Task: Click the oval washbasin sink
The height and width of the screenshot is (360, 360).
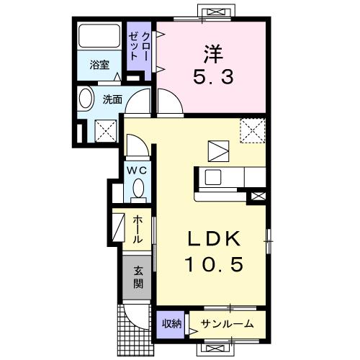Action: pos(86,100)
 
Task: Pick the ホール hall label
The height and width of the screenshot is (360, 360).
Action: pos(137,228)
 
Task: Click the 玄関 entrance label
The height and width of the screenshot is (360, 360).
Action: pos(137,278)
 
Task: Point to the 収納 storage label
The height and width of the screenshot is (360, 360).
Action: pos(171,323)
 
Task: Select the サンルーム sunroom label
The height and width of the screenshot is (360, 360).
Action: pos(227,323)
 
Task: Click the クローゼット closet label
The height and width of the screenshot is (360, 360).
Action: pos(140,48)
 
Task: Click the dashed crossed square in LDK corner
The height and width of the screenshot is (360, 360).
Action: pos(251,131)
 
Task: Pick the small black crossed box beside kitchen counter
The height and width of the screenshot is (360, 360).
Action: pos(257,194)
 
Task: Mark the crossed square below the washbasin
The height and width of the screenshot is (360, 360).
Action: pos(103,130)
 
